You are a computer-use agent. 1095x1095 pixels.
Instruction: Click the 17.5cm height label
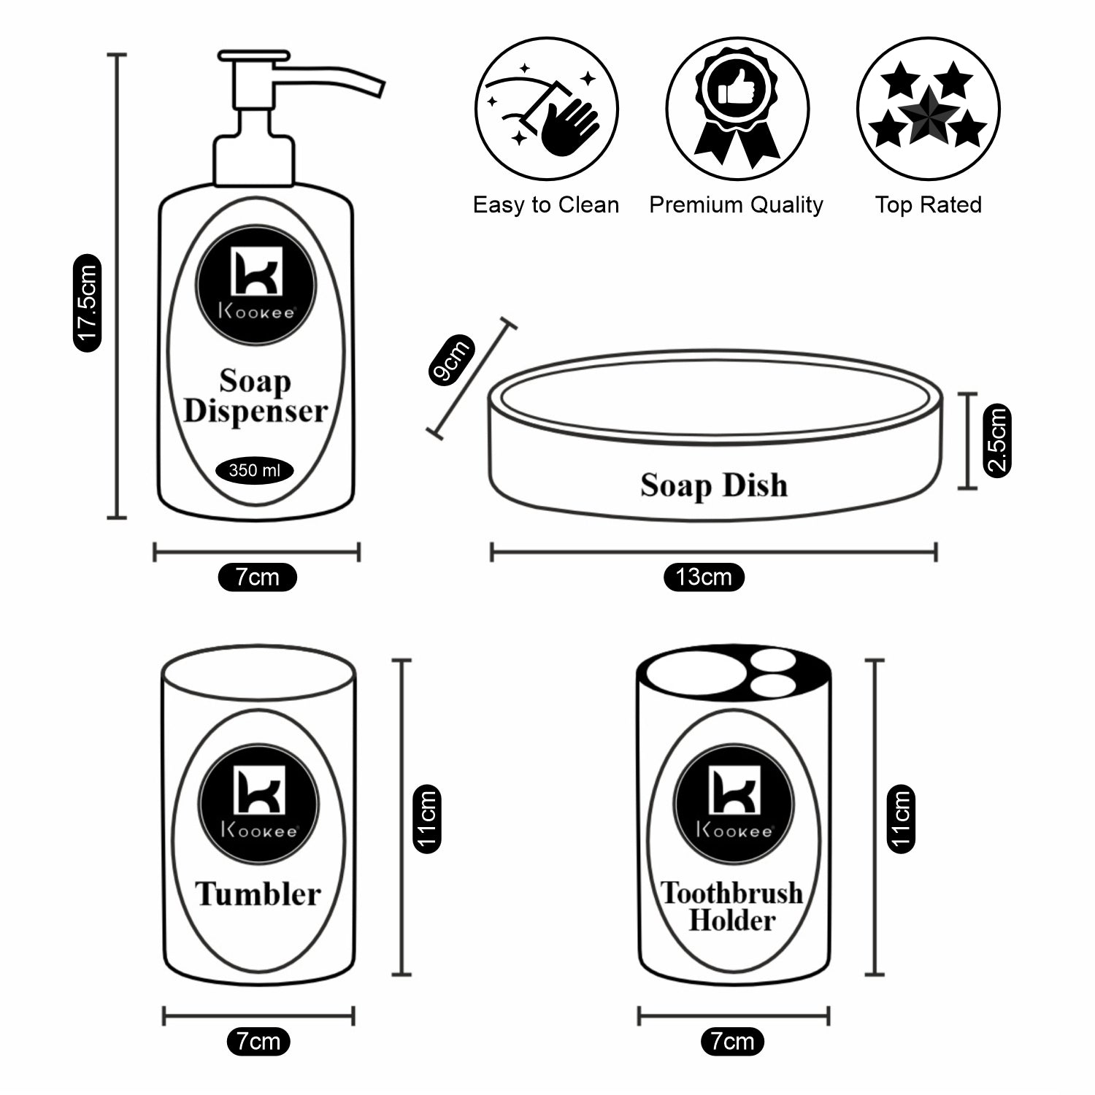(x=88, y=302)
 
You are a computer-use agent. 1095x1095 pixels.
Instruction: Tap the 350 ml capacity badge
(x=254, y=471)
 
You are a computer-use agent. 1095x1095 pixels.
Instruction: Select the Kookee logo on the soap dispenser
(x=256, y=284)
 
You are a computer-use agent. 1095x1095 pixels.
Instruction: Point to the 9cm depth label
(x=451, y=360)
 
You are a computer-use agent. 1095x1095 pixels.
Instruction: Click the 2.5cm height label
(x=997, y=441)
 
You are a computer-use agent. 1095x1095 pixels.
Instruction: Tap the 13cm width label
(x=704, y=577)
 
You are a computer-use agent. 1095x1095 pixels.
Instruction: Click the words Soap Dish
(x=714, y=485)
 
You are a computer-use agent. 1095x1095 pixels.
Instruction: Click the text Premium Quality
(x=736, y=205)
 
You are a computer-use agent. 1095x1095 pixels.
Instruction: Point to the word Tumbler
(x=258, y=894)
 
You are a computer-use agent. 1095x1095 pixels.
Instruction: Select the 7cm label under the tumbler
(x=258, y=1041)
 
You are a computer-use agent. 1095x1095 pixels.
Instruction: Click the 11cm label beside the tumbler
(x=427, y=818)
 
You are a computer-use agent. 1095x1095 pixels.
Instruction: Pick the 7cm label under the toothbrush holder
(x=732, y=1041)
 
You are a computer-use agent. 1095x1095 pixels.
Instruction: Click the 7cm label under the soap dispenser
(x=257, y=577)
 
